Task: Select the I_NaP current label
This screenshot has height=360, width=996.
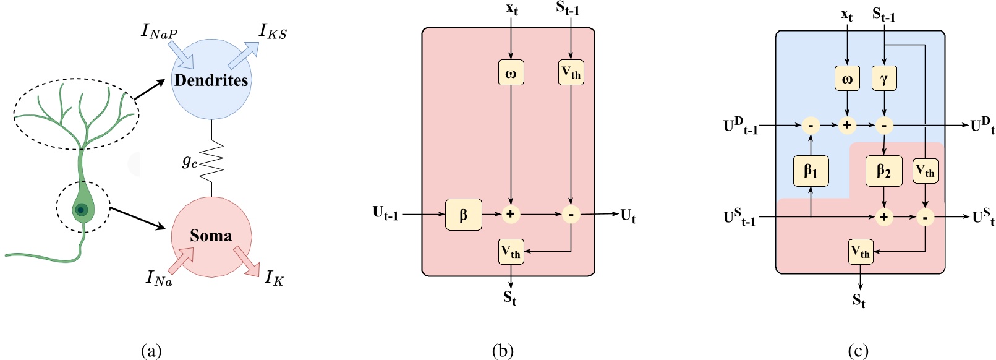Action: click(x=160, y=31)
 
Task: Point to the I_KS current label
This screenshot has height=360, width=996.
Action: click(x=273, y=31)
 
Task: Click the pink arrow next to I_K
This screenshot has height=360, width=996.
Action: click(x=247, y=261)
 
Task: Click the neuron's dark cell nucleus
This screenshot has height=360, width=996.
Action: click(x=81, y=210)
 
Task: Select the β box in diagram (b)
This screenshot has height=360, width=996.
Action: click(x=463, y=215)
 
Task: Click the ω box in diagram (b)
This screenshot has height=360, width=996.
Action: click(x=511, y=73)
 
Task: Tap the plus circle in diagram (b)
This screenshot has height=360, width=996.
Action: click(x=510, y=215)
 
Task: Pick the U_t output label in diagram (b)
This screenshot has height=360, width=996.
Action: click(x=628, y=216)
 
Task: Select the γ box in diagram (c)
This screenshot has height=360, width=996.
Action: click(x=884, y=79)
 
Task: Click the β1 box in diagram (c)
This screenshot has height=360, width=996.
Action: click(x=811, y=170)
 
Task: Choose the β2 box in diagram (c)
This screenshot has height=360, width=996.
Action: click(x=884, y=170)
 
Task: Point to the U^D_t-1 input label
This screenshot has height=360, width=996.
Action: click(x=740, y=126)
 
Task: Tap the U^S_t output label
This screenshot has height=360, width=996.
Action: click(x=983, y=217)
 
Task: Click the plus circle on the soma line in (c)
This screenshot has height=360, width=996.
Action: click(x=884, y=217)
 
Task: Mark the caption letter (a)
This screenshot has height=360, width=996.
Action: click(x=151, y=351)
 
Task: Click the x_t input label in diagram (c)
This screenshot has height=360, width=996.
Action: click(x=846, y=14)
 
